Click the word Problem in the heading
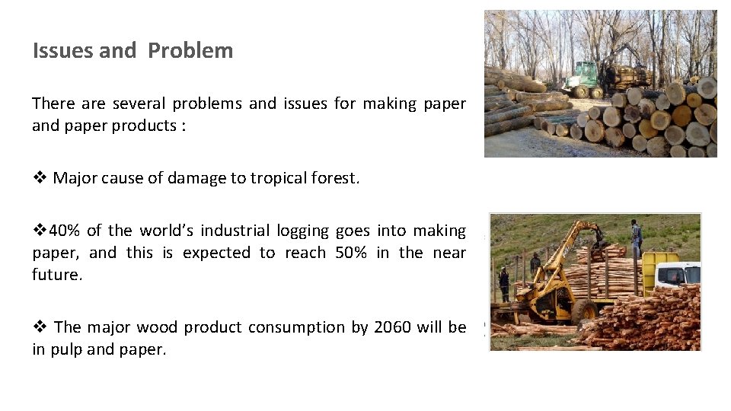[x=190, y=51]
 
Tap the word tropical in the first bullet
[x=279, y=178]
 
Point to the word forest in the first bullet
[x=334, y=178]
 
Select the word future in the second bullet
[x=55, y=274]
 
